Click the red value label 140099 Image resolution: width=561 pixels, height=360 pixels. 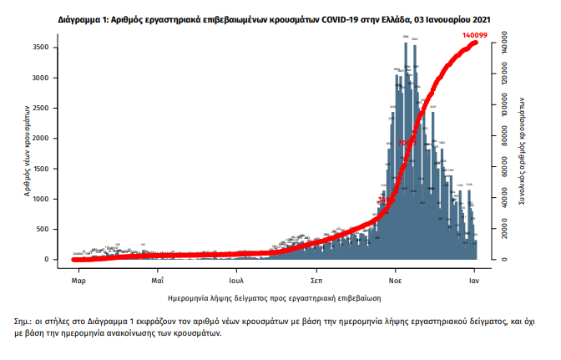click(475, 34)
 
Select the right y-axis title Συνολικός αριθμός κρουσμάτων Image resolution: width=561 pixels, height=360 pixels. click(522, 151)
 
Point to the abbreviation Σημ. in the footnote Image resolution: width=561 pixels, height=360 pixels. click(23, 320)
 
